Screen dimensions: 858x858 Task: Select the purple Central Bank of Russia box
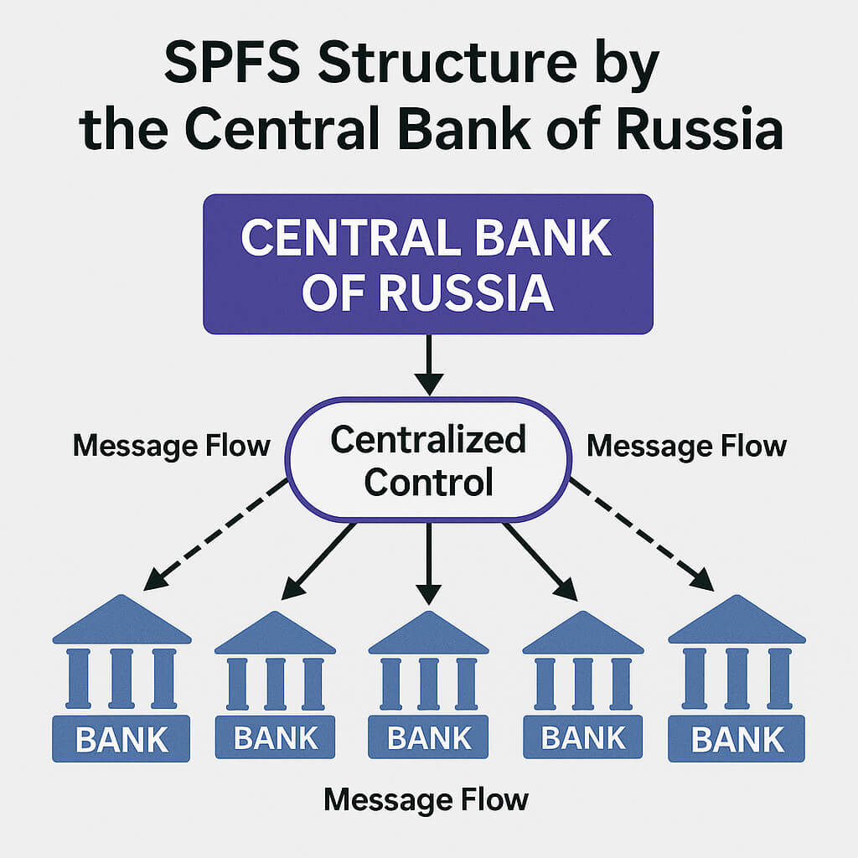pos(428,264)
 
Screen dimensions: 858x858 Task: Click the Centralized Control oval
pos(428,458)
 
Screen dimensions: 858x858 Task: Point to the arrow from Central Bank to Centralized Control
pos(428,364)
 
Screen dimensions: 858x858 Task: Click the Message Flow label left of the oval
pos(171,445)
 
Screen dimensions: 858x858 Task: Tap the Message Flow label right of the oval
pos(686,445)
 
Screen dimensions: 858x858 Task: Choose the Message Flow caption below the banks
pos(426,799)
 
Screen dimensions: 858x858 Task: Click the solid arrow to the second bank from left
pos(320,560)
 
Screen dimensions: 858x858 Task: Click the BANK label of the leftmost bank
pos(121,740)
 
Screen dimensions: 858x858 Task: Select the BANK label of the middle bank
pos(429,737)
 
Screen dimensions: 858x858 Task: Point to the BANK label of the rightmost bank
pos(737,740)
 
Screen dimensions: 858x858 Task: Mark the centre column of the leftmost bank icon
pos(121,677)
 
